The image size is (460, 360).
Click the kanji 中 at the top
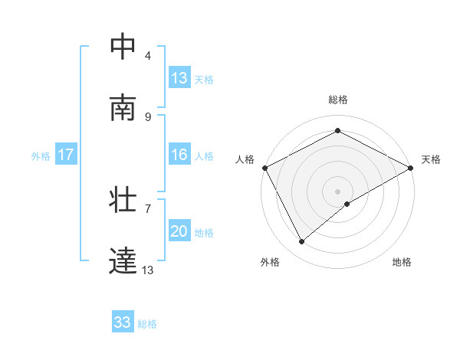pyautogui.click(x=123, y=47)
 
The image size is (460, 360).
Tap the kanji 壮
pyautogui.click(x=123, y=201)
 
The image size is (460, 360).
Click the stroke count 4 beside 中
pyautogui.click(x=148, y=55)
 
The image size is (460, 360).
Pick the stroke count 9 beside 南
pyautogui.click(x=148, y=116)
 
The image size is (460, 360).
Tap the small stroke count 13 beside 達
pyautogui.click(x=148, y=270)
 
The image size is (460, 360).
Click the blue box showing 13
pyautogui.click(x=179, y=78)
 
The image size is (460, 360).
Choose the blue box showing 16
pyautogui.click(x=179, y=155)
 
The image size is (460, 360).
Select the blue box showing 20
pyautogui.click(x=179, y=231)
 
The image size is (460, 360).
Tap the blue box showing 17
pyautogui.click(x=66, y=155)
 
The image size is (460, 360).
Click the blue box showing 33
pyautogui.click(x=123, y=323)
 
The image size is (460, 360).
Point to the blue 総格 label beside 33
pyautogui.click(x=147, y=324)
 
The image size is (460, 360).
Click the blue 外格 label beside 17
pyautogui.click(x=41, y=155)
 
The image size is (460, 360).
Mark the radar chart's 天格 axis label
pyautogui.click(x=431, y=159)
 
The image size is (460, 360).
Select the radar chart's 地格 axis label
pyautogui.click(x=402, y=262)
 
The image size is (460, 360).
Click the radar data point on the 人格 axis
pyautogui.click(x=264, y=167)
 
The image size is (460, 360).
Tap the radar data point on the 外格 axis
pyautogui.click(x=302, y=242)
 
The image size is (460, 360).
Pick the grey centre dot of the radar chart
pyautogui.click(x=337, y=191)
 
